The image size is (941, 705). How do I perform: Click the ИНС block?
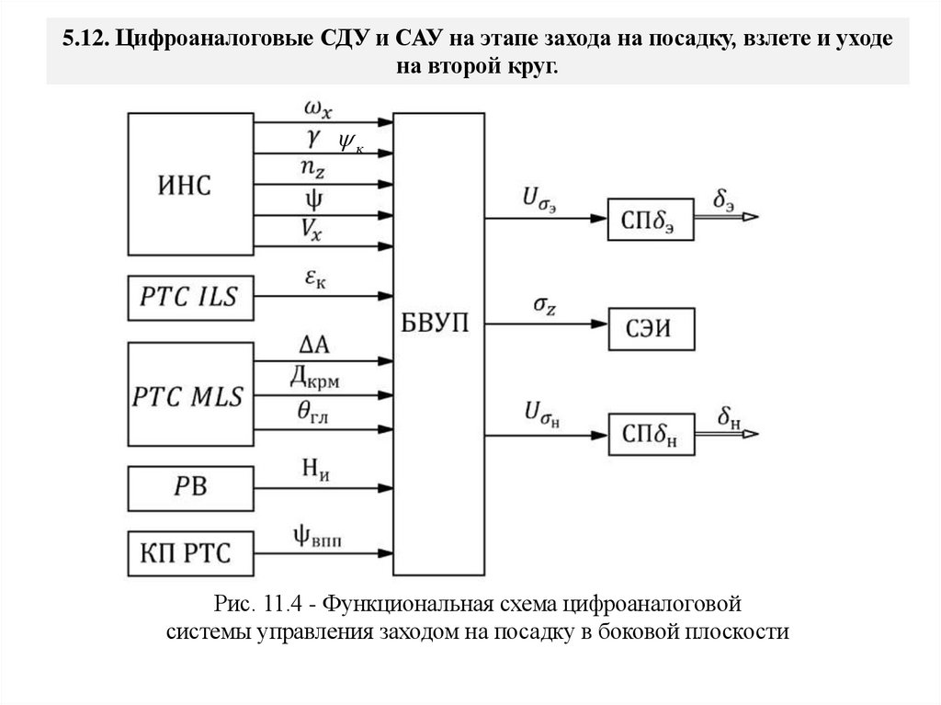point(190,185)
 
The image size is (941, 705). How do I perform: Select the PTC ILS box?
point(190,296)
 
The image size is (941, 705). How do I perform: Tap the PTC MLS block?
point(190,396)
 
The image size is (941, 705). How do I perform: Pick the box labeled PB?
point(190,486)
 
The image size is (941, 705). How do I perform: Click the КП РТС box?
point(190,553)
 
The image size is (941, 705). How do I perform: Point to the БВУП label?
point(438,324)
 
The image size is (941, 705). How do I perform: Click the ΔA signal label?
point(315,345)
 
